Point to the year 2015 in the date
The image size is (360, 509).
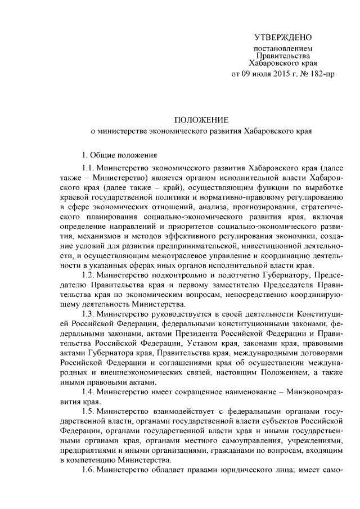point(274,73)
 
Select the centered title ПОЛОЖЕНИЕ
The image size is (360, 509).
point(201,120)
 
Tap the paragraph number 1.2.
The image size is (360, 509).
point(87,275)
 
